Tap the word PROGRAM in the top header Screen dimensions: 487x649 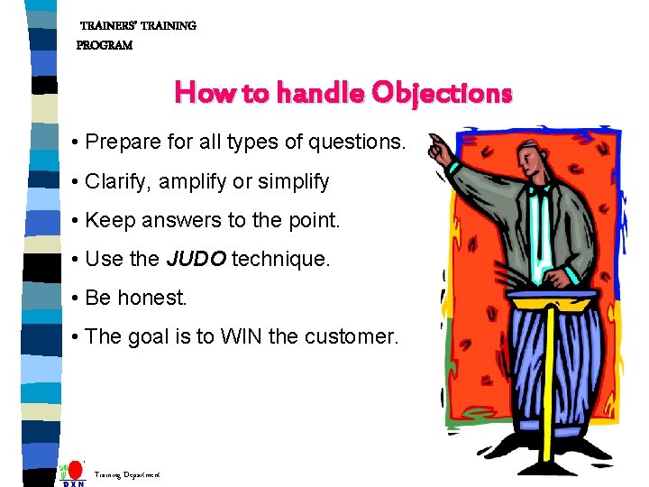click(x=105, y=45)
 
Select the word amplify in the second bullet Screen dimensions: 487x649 click(x=193, y=182)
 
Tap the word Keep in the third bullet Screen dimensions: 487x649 click(x=108, y=221)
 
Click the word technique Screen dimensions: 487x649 click(x=281, y=260)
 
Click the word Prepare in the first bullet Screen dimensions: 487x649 click(x=121, y=143)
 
